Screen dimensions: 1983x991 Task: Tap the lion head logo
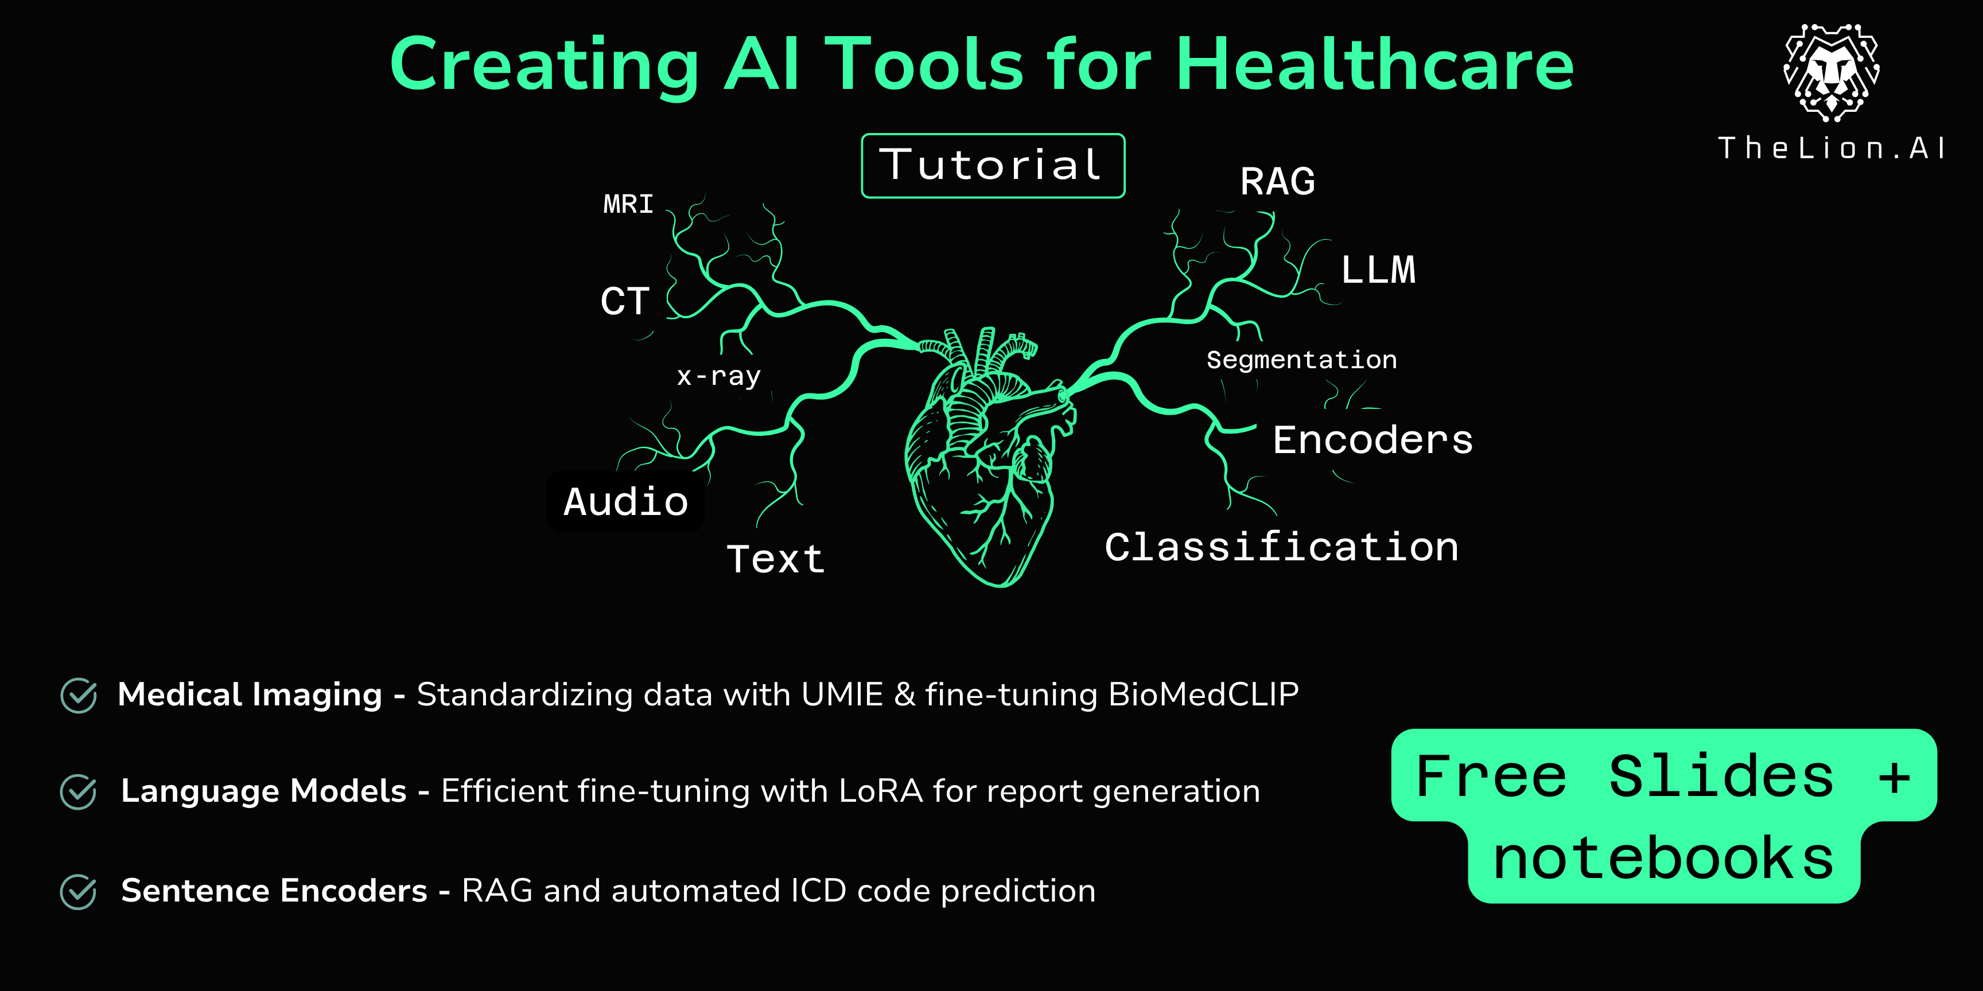pyautogui.click(x=1832, y=72)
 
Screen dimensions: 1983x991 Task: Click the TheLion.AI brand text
pyautogui.click(x=1832, y=148)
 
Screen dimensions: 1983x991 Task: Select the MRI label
pyautogui.click(x=628, y=204)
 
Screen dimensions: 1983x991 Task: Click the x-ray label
pyautogui.click(x=718, y=376)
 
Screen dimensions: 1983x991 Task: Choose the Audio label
pyautogui.click(x=626, y=502)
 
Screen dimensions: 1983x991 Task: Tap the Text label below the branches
pyautogui.click(x=776, y=559)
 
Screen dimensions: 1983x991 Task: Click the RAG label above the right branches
pyautogui.click(x=1278, y=182)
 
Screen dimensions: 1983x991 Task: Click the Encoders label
pyautogui.click(x=1372, y=440)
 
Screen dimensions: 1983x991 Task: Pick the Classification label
pyautogui.click(x=1282, y=547)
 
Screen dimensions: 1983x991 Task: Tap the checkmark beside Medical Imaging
pyautogui.click(x=79, y=696)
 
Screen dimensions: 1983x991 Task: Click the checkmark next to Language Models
pyautogui.click(x=79, y=792)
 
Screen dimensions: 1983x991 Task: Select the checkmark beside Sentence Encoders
pyautogui.click(x=79, y=892)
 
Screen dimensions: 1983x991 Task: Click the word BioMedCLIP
pyautogui.click(x=1203, y=694)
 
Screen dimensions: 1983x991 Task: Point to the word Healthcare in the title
pyautogui.click(x=1375, y=65)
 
